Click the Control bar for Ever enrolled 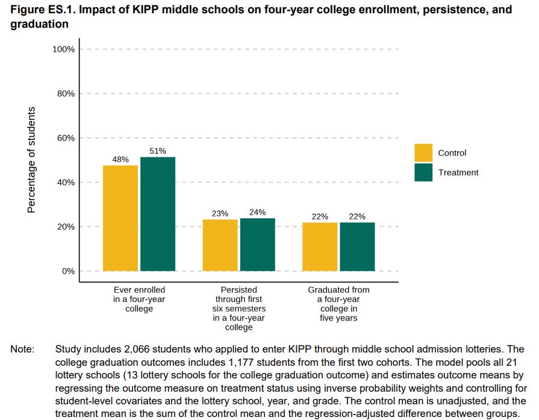click(x=120, y=218)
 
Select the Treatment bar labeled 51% click(x=158, y=214)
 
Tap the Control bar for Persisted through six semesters click(x=220, y=245)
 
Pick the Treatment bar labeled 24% click(x=257, y=244)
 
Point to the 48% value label click(x=120, y=160)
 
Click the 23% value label click(x=220, y=213)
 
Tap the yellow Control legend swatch click(x=423, y=153)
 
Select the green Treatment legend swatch click(x=423, y=172)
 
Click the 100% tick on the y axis click(x=63, y=49)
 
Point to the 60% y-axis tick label click(x=65, y=138)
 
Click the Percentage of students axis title click(x=31, y=160)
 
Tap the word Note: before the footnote click(x=22, y=349)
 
